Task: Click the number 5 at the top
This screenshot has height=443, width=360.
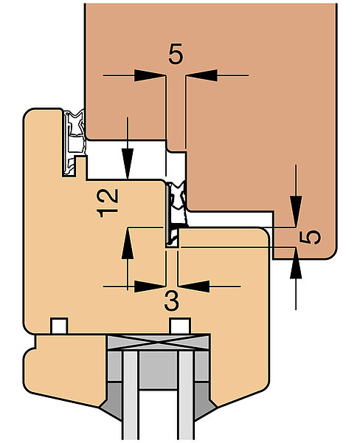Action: (x=176, y=54)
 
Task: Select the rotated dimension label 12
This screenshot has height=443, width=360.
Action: (x=107, y=203)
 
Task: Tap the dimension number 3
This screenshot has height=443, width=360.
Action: (x=172, y=301)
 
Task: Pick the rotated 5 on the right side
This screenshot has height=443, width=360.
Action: (x=310, y=237)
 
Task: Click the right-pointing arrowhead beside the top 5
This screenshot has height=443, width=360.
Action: (x=150, y=75)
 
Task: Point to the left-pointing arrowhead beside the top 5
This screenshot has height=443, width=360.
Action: (x=201, y=75)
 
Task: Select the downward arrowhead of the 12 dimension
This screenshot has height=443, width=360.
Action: (x=128, y=164)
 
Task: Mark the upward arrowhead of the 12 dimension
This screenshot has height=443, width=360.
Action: (x=128, y=243)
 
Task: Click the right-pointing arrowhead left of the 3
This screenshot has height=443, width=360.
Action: (x=150, y=286)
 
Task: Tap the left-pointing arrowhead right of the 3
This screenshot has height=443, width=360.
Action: (x=194, y=286)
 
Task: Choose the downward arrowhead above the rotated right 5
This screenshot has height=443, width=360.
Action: (x=296, y=211)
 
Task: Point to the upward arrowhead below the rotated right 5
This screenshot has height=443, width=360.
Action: (x=296, y=264)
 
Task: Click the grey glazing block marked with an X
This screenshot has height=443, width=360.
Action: (x=158, y=343)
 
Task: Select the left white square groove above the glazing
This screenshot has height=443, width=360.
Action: (x=59, y=326)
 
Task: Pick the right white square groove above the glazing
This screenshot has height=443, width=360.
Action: (x=180, y=326)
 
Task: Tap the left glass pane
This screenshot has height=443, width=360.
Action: (x=131, y=396)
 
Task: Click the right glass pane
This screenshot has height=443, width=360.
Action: (x=187, y=396)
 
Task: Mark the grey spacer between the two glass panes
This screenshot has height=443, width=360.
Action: (x=159, y=370)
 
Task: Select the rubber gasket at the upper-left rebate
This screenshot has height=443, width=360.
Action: (x=74, y=142)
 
